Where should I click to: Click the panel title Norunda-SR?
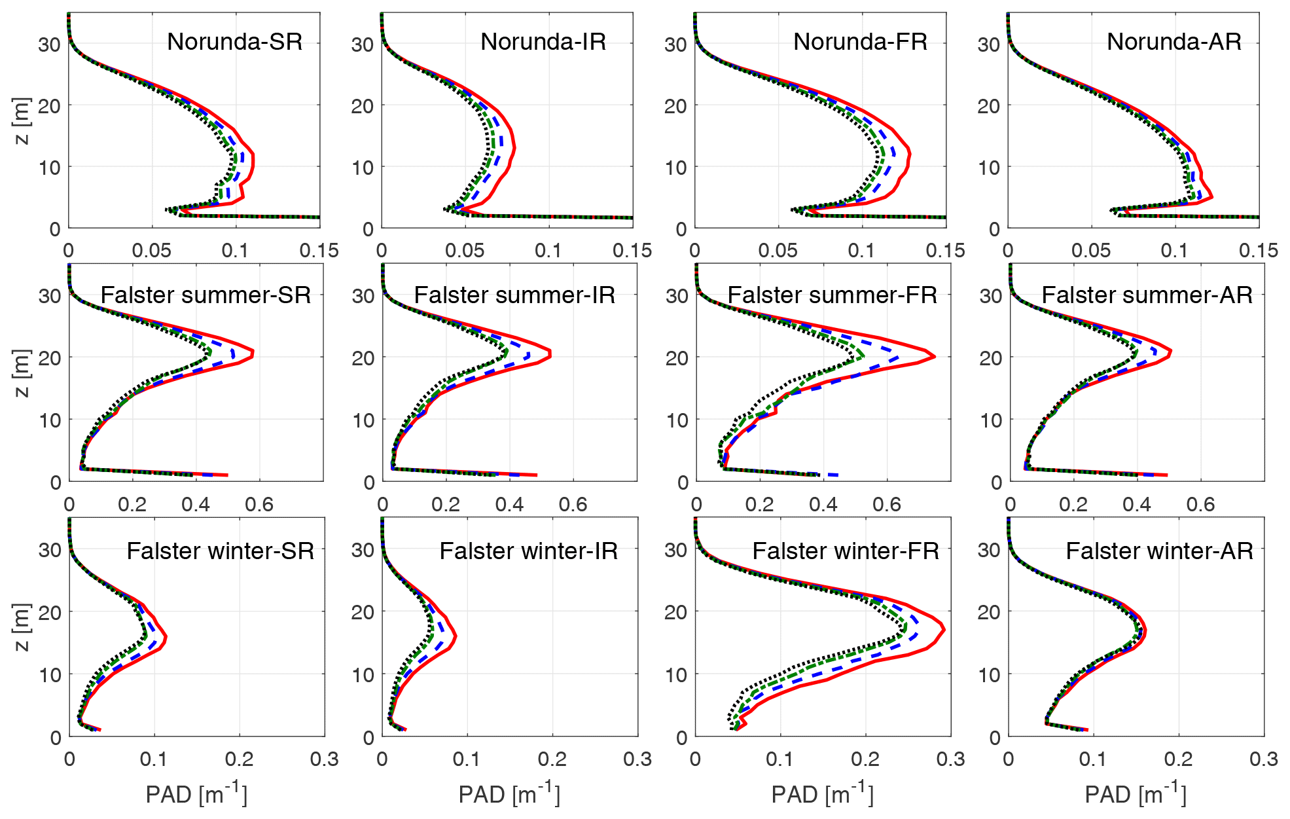click(x=234, y=42)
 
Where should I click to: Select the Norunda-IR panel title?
click(x=543, y=42)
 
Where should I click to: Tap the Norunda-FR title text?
click(x=860, y=42)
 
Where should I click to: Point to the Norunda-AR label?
click(x=1174, y=42)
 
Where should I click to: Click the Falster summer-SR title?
click(x=206, y=295)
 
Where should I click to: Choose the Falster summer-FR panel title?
click(x=832, y=295)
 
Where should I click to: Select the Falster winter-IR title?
click(x=528, y=551)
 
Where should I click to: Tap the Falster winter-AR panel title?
click(x=1159, y=551)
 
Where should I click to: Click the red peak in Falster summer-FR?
click(x=934, y=357)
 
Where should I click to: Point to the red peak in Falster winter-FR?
click(x=944, y=630)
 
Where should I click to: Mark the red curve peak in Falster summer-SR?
click(x=253, y=354)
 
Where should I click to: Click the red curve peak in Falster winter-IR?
click(x=456, y=636)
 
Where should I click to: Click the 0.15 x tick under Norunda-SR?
click(x=319, y=251)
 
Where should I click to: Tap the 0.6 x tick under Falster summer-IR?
click(x=573, y=505)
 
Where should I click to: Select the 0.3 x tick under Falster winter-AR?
click(x=1263, y=759)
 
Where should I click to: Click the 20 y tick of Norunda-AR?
click(x=988, y=106)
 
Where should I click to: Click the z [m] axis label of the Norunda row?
click(x=21, y=120)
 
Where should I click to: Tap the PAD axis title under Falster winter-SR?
click(x=196, y=794)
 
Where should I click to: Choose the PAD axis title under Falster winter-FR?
click(x=822, y=794)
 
